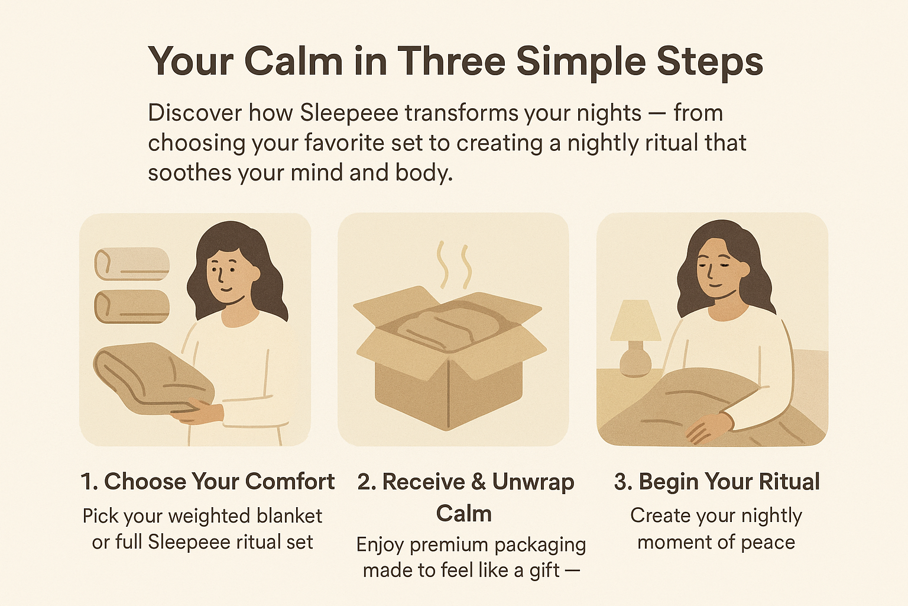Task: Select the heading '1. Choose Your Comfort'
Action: [207, 482]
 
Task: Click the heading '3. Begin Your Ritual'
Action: [716, 482]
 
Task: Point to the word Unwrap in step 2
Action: [533, 482]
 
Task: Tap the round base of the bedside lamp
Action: [635, 362]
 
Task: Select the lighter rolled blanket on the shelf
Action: [132, 264]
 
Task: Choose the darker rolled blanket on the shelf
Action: [132, 307]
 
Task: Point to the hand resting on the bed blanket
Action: [708, 428]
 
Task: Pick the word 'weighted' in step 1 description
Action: [210, 517]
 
